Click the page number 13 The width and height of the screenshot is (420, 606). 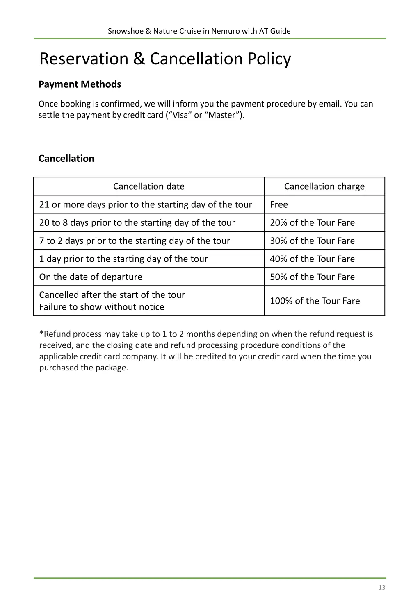point(381,587)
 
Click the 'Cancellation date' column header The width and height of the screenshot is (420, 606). point(148,186)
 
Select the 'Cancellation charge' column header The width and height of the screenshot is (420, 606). point(324,186)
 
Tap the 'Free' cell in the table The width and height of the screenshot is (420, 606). point(279,204)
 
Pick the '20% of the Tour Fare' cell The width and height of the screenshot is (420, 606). point(312,222)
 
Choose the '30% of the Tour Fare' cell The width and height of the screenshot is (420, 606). point(312,241)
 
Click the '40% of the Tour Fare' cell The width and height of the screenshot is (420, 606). point(312,259)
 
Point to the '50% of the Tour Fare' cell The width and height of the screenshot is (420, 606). point(312,277)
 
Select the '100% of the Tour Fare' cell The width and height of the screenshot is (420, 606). point(315,301)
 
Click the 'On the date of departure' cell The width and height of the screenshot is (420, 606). point(91,277)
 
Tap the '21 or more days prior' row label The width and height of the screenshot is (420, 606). point(145,204)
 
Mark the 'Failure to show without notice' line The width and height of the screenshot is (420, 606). point(102,307)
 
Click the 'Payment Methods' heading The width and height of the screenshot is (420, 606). point(80,84)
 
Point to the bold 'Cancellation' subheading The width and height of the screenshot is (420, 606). point(66,159)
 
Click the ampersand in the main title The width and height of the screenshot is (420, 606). point(139,59)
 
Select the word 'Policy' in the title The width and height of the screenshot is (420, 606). point(269,59)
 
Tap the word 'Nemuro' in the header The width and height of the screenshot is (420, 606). point(225,31)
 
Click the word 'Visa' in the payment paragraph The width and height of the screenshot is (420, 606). point(180,115)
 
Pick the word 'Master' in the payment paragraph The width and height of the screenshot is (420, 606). point(221,115)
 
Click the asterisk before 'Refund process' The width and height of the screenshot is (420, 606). point(41,333)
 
